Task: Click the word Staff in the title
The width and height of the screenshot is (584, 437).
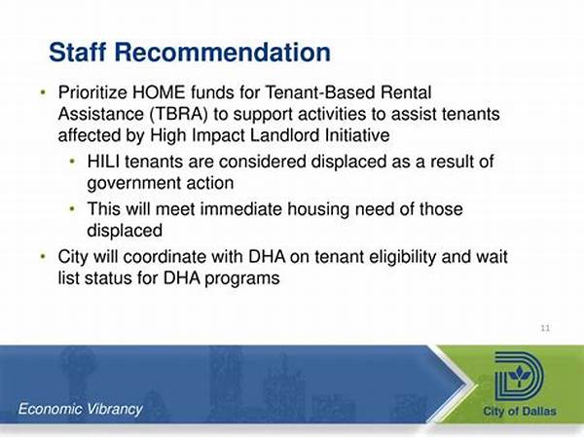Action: (78, 52)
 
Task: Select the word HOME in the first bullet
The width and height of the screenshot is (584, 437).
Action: (159, 92)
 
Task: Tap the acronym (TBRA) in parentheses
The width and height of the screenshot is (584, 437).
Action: (179, 114)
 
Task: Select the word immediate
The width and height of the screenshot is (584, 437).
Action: (241, 209)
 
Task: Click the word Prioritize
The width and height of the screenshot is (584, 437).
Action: (92, 92)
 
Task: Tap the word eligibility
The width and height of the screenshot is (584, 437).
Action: (385, 257)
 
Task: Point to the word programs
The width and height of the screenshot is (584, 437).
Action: (242, 279)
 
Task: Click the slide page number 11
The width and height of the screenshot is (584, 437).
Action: (545, 328)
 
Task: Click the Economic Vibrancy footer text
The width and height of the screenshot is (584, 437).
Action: (81, 409)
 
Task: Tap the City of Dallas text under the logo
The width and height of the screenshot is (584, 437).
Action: (520, 411)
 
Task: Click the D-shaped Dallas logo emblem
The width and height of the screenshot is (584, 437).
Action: (519, 377)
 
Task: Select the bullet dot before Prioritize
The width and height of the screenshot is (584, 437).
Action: (43, 92)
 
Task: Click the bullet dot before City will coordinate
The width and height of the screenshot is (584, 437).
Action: (43, 256)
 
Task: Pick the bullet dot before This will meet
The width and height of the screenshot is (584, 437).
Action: (72, 208)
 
